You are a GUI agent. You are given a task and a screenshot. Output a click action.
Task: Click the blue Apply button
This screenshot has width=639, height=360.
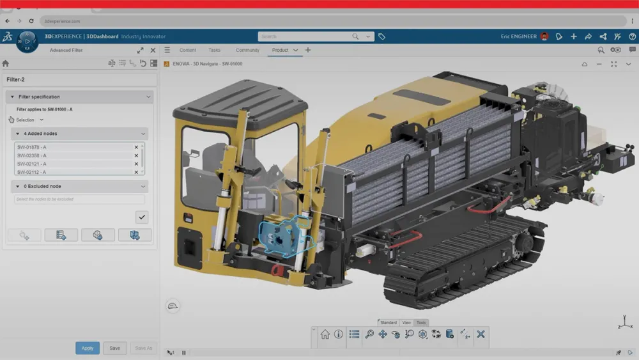tap(88, 348)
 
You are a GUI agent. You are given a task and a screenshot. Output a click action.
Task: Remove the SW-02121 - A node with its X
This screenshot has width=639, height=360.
tap(136, 164)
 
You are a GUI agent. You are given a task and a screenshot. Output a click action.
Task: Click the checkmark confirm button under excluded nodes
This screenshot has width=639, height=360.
tap(142, 217)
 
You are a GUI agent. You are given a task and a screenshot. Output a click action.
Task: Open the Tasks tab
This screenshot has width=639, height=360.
tap(215, 50)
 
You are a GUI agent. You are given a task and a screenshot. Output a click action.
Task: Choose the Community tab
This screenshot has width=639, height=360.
tap(247, 50)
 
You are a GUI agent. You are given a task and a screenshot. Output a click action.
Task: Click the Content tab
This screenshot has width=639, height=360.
tap(188, 50)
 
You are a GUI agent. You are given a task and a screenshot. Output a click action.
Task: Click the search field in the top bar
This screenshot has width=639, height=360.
tap(307, 36)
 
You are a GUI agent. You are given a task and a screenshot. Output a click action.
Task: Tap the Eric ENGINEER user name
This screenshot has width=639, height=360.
tap(518, 36)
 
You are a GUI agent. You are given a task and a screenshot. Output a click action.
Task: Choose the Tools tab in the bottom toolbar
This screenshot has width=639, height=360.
tap(422, 323)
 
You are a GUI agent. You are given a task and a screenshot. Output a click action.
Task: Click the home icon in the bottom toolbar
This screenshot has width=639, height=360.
tap(325, 334)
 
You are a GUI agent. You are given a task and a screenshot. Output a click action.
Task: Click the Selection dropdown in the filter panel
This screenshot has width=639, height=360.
tap(29, 120)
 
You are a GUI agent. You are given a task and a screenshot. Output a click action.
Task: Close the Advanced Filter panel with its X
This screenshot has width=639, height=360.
tap(153, 50)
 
